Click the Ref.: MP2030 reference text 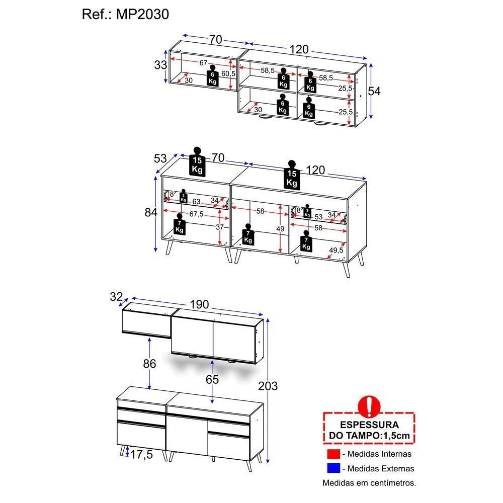tap(125, 14)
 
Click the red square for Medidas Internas tap(333, 454)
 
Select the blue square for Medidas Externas tap(333, 468)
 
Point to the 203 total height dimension tap(268, 386)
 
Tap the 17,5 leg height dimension tap(141, 455)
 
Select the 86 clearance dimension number tap(149, 364)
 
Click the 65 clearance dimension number tap(212, 380)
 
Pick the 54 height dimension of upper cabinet tap(374, 91)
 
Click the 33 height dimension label tap(160, 65)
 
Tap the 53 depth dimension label tap(160, 159)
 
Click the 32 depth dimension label tap(116, 297)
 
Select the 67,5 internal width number tap(196, 214)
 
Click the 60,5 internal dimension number tap(228, 74)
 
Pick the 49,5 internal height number tap(336, 250)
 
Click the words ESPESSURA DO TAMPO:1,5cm tap(369, 430)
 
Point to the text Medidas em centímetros tap(369, 483)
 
